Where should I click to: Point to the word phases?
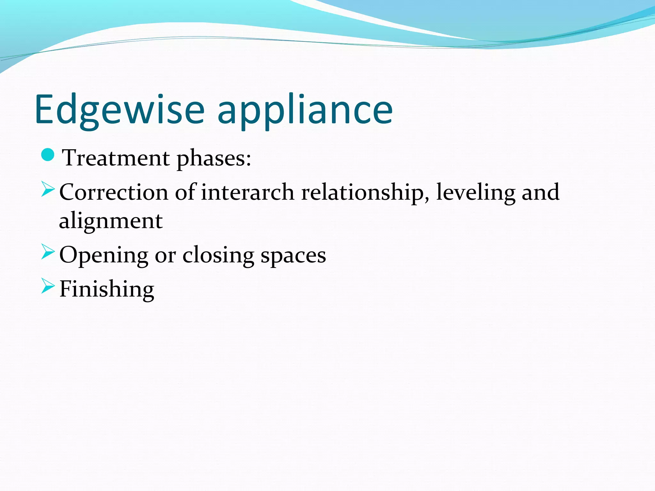click(214, 159)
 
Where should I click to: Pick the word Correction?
click(114, 192)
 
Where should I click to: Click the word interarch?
click(248, 192)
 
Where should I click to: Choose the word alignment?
click(111, 221)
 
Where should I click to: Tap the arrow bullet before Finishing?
click(48, 286)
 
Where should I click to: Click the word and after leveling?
click(541, 192)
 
